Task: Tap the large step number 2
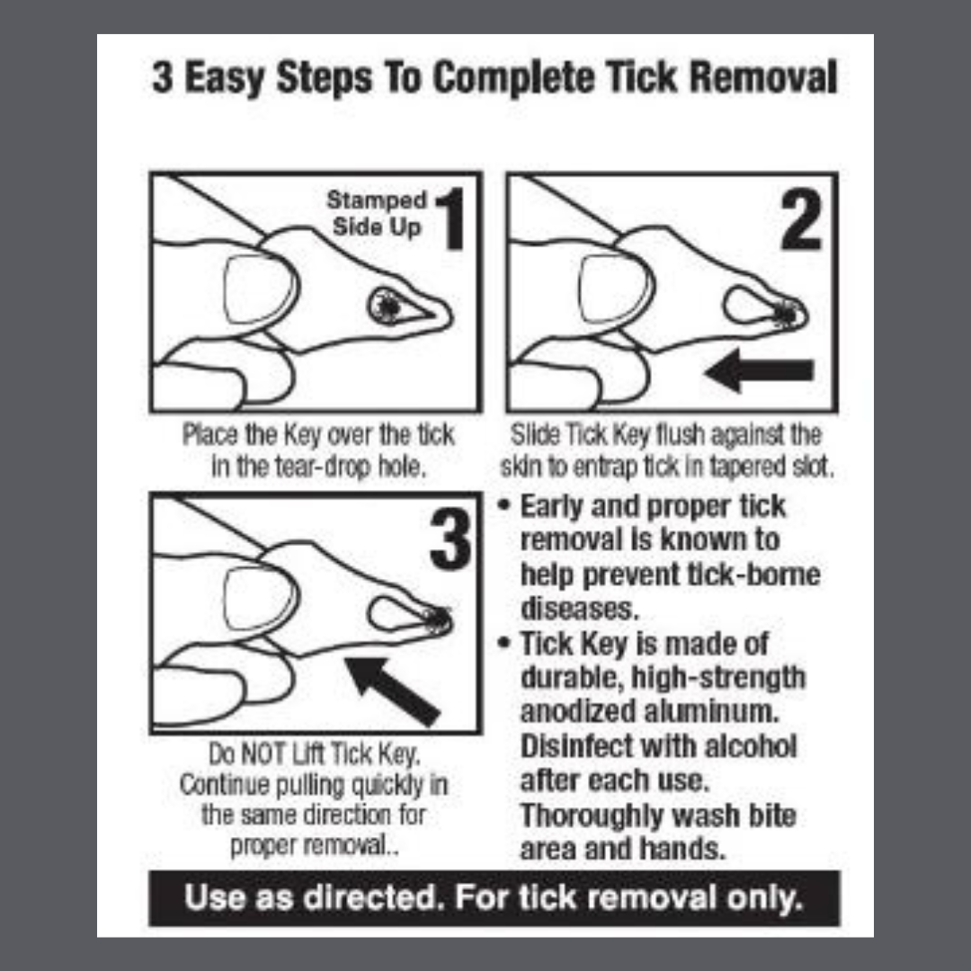pos(800,220)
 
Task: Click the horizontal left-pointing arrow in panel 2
pos(759,370)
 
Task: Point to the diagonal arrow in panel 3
pos(392,691)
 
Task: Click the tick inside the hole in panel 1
pos(388,306)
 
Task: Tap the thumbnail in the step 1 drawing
pos(259,290)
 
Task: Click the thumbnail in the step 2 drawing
pos(615,289)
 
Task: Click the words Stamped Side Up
pos(377,213)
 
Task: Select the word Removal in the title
pos(763,77)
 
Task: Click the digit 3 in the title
pos(162,77)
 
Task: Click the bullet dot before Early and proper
pos(504,504)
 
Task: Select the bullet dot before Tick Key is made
pos(504,642)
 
